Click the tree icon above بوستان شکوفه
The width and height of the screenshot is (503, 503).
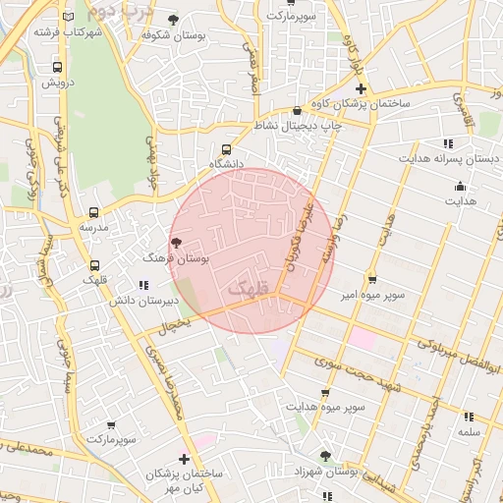[x=174, y=20]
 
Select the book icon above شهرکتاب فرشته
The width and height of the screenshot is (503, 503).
[x=67, y=17]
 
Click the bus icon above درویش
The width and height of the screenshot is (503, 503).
[x=57, y=68]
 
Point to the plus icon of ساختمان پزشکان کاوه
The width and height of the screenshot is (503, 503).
[x=361, y=89]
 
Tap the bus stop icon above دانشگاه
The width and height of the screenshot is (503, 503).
[x=228, y=148]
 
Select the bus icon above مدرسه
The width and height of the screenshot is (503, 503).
[x=93, y=212]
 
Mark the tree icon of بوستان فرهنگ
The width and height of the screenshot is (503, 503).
[x=176, y=242]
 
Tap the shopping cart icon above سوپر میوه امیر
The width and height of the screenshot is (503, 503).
[x=371, y=279]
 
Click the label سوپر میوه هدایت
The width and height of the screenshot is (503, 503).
[x=326, y=406]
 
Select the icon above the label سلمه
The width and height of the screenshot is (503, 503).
[x=469, y=417]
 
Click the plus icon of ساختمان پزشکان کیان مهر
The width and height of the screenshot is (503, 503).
[x=184, y=459]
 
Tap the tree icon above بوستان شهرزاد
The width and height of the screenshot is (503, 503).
[x=325, y=456]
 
